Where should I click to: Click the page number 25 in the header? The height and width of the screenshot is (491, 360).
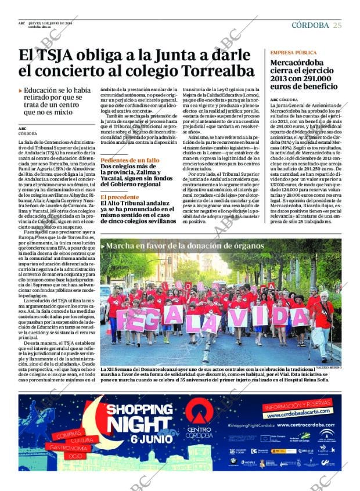click(x=337, y=24)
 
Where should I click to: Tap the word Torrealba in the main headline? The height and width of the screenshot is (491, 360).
click(x=218, y=71)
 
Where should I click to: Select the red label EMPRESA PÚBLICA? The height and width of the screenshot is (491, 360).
click(x=294, y=52)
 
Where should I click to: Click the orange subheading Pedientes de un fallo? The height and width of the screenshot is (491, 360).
click(x=129, y=160)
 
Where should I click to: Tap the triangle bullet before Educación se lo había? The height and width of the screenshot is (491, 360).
click(x=21, y=91)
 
